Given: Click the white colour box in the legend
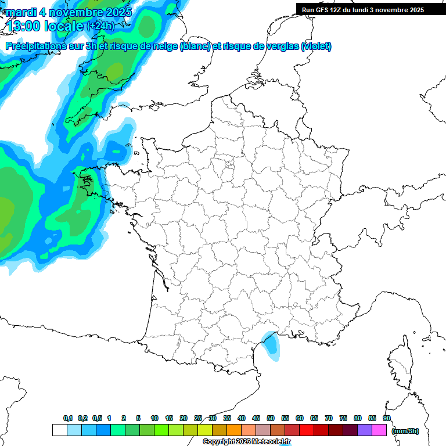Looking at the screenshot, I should [x=59, y=430].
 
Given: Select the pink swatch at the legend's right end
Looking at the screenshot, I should [x=379, y=430].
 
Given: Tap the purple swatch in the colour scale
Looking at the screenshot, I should [x=365, y=430].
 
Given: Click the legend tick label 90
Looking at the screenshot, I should [x=386, y=418].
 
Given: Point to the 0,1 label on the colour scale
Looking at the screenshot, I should [x=68, y=418].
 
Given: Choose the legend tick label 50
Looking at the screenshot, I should [x=271, y=418].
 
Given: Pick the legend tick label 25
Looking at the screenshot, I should [x=198, y=418].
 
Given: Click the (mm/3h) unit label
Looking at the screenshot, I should [x=405, y=430].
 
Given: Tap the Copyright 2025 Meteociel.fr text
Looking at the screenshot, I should [x=246, y=442].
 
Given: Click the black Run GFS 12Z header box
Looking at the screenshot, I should [x=371, y=9].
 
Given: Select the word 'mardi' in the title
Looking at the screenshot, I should [x=21, y=12].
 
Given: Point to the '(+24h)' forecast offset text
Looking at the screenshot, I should [x=100, y=26].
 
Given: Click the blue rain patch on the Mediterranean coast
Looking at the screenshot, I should [x=270, y=343].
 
